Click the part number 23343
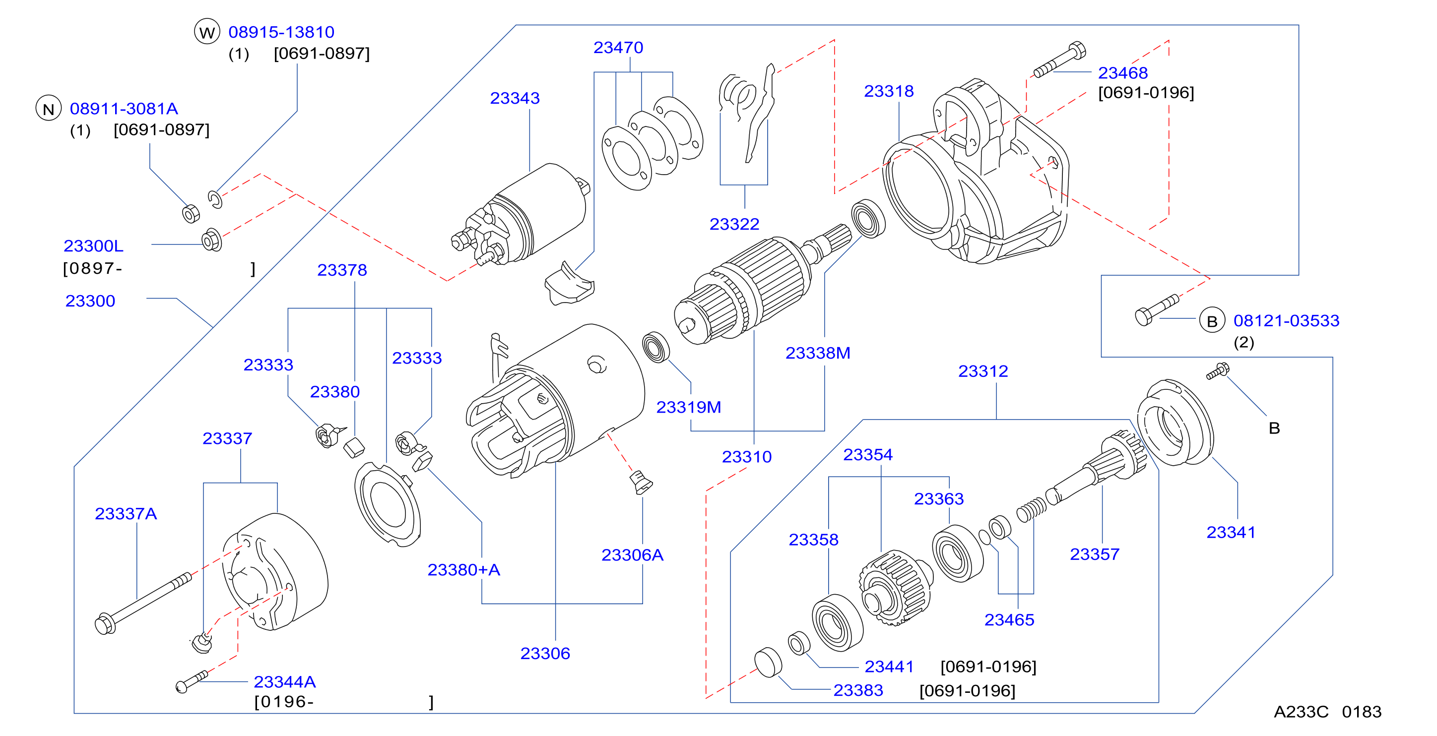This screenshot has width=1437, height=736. pyautogui.click(x=515, y=98)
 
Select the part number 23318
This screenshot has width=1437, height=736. pyautogui.click(x=889, y=91)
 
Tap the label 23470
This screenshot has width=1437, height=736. pyautogui.click(x=618, y=48)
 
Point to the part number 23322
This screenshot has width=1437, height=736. pyautogui.click(x=734, y=224)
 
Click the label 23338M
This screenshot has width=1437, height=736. pyautogui.click(x=818, y=353)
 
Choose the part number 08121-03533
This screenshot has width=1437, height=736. pyautogui.click(x=1286, y=320)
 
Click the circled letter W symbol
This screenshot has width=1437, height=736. pyautogui.click(x=207, y=32)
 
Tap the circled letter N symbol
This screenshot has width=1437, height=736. pyautogui.click(x=49, y=109)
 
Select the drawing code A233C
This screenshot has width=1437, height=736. pyautogui.click(x=1301, y=712)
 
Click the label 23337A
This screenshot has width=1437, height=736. pyautogui.click(x=126, y=513)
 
